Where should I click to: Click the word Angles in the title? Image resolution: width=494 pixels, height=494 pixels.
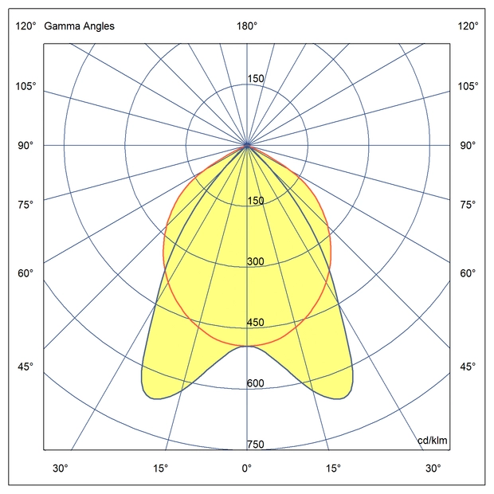click(96, 26)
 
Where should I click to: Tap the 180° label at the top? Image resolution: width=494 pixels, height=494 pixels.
click(247, 26)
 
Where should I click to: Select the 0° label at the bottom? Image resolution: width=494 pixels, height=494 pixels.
click(247, 468)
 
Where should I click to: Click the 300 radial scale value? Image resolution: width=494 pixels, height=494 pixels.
click(255, 262)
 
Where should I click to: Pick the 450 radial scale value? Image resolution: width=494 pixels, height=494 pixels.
click(255, 323)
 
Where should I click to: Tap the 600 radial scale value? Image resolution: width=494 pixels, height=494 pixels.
click(255, 383)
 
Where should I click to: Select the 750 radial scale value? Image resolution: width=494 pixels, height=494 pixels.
click(255, 445)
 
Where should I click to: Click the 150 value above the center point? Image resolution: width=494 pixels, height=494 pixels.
click(255, 79)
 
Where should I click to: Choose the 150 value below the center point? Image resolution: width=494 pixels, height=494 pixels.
click(255, 201)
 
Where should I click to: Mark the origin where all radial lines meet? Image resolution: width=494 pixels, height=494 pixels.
click(247, 145)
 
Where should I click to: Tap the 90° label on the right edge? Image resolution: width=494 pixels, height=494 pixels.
click(468, 145)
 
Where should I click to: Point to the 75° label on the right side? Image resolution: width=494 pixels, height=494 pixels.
click(468, 205)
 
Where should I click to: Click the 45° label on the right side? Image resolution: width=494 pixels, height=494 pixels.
click(468, 367)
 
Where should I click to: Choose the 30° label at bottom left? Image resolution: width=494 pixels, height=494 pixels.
click(61, 468)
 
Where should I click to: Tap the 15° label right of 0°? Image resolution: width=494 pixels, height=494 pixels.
click(333, 468)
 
